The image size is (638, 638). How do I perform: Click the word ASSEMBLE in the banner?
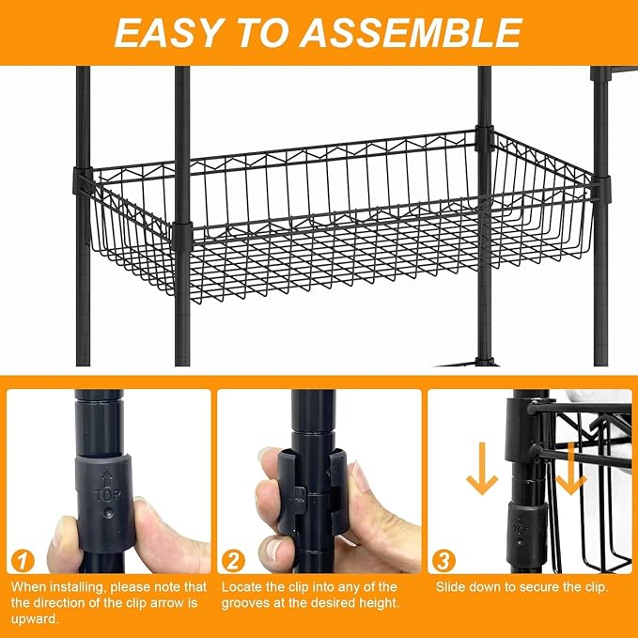point(411,34)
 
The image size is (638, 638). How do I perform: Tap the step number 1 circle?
point(23,562)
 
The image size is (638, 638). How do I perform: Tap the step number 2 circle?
point(233,562)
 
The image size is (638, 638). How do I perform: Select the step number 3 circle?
point(443,562)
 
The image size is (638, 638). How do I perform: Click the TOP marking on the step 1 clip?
point(107,495)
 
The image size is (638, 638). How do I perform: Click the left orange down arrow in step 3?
point(482,469)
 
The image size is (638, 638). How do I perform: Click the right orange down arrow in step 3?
point(571,469)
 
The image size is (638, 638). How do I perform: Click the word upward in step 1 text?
point(35,619)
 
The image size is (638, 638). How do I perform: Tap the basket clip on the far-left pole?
point(82,180)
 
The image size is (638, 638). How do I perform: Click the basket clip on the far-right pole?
point(601,189)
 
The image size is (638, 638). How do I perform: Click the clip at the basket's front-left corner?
point(182,236)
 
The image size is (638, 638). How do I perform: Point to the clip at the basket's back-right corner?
point(485,139)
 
